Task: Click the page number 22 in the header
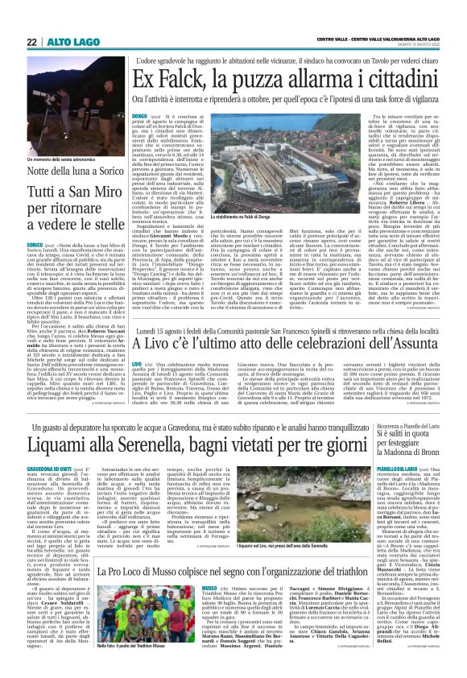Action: coord(31,43)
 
